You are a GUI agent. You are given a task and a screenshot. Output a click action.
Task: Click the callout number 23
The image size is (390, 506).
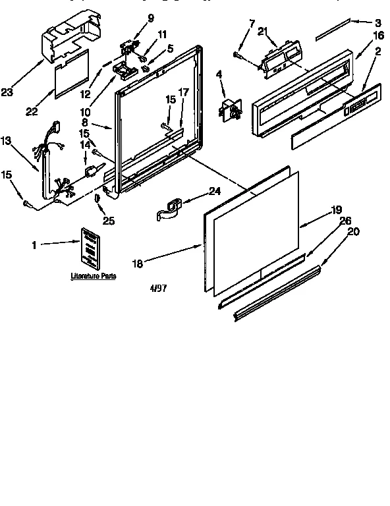tap(7, 93)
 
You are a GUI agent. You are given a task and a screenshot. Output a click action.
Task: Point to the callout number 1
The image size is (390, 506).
tap(34, 244)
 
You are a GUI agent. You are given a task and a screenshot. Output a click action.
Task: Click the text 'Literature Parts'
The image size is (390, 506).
tap(94, 277)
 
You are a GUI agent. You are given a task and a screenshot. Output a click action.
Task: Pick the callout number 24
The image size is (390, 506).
tap(214, 192)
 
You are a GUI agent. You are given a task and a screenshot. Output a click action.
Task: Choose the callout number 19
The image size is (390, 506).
tap(336, 210)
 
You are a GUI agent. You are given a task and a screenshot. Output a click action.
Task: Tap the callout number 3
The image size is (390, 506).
tap(378, 22)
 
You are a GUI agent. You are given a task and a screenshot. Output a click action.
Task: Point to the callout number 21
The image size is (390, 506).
tap(262, 32)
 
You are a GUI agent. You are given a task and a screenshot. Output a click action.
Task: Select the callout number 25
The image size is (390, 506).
tap(108, 221)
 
